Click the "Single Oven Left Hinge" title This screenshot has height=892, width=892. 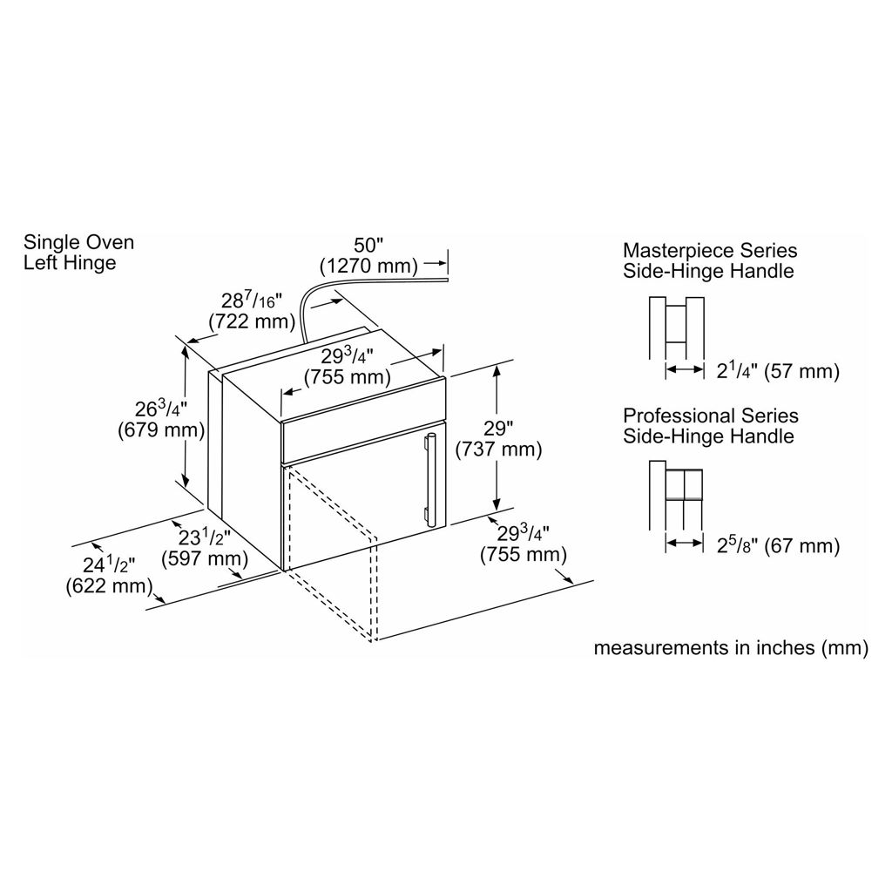tap(78, 252)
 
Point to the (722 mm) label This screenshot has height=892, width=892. tap(248, 321)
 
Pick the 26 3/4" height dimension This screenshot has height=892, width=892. tap(160, 409)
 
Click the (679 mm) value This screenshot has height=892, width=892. tap(160, 429)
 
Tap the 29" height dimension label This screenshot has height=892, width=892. tap(498, 429)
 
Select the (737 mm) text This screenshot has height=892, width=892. tap(498, 449)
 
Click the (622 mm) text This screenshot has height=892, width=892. tap(108, 585)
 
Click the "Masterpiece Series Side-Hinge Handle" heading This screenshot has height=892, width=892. tap(709, 260)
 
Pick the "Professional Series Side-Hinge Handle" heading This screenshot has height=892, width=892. tap(710, 426)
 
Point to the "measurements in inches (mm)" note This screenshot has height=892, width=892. tap(730, 648)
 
